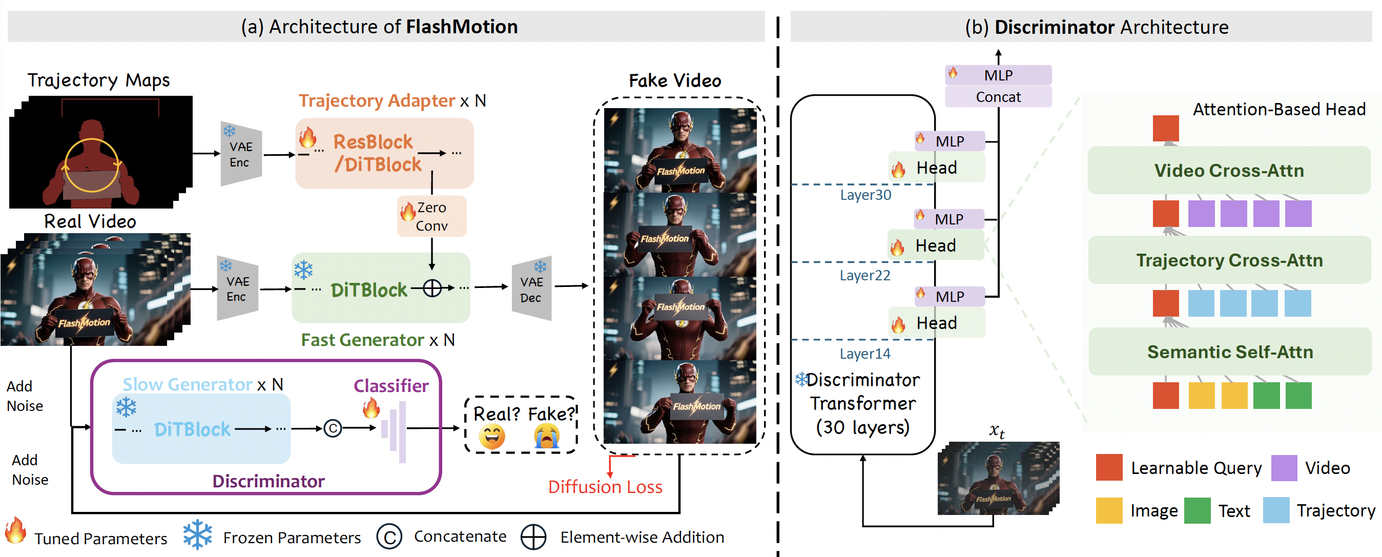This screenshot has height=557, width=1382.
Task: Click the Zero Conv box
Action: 431,216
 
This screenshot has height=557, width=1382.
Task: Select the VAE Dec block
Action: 531,289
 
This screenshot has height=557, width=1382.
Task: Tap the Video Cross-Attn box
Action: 1229,171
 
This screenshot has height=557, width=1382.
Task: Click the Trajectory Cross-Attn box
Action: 1229,260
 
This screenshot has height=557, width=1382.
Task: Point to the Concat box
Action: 998,97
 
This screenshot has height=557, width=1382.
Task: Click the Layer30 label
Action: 865,195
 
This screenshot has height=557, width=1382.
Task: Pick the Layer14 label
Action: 865,354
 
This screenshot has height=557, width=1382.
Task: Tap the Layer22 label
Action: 865,275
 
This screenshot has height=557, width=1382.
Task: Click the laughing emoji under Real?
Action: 491,436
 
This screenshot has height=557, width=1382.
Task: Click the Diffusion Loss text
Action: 605,487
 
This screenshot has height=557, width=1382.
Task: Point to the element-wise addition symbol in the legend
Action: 533,537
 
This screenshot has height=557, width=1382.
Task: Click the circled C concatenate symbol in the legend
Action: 389,537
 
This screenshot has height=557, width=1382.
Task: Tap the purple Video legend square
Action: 1284,468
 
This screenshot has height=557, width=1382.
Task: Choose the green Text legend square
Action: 1197,510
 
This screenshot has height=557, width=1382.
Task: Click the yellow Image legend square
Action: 1109,510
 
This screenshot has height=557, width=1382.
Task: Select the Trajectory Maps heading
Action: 99,80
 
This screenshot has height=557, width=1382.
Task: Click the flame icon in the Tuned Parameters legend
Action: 15,531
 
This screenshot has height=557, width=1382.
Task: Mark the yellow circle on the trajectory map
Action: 92,166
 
